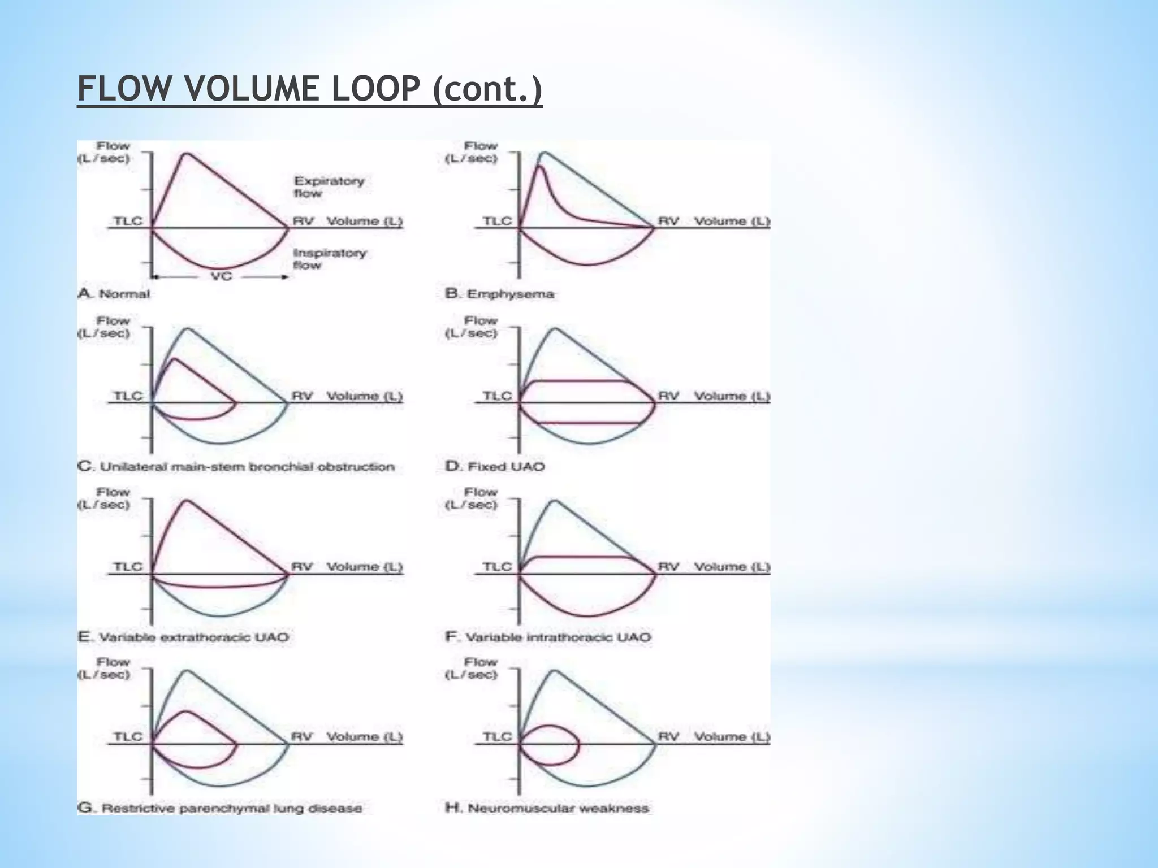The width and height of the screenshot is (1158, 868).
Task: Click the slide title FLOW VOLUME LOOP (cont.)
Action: click(309, 89)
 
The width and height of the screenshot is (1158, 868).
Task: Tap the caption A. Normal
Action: click(114, 294)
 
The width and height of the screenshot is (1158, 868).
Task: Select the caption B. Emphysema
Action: click(499, 294)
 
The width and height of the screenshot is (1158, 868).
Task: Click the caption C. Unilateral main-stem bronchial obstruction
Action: click(236, 467)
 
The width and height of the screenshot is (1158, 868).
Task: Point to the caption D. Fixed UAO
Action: click(495, 467)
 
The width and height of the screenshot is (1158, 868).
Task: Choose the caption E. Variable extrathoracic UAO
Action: click(183, 637)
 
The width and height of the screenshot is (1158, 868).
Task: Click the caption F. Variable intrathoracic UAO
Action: click(548, 637)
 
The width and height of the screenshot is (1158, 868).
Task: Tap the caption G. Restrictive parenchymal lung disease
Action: click(219, 808)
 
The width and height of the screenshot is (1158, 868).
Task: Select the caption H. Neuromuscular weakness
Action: click(547, 808)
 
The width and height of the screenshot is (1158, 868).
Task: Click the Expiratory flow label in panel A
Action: click(329, 187)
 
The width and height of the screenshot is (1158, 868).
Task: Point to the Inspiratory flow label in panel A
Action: click(329, 259)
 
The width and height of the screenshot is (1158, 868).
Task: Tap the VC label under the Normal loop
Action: click(221, 277)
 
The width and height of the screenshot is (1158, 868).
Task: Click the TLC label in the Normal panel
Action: click(128, 221)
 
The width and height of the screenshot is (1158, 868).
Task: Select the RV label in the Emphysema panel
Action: click(668, 221)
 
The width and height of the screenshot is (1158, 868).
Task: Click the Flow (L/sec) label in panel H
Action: click(472, 668)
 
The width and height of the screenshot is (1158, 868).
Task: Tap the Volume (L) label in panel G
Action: click(364, 737)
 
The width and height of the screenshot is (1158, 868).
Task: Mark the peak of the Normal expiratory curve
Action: click(187, 153)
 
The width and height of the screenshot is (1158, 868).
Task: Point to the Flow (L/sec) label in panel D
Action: click(472, 327)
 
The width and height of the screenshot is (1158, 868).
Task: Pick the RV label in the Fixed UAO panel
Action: click(668, 396)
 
